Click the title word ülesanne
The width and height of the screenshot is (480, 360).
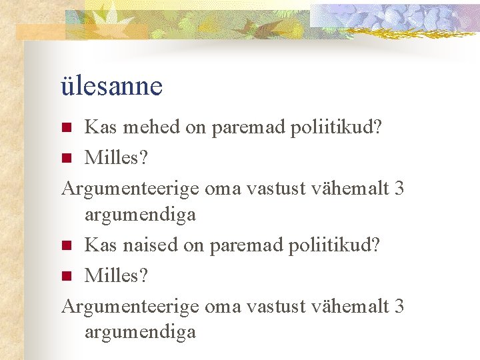pyautogui.click(x=111, y=86)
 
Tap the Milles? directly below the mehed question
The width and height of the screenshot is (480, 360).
pyautogui.click(x=117, y=158)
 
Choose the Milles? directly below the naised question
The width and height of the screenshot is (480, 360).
pyautogui.click(x=117, y=275)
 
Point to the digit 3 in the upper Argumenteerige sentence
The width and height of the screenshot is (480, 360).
pyautogui.click(x=399, y=188)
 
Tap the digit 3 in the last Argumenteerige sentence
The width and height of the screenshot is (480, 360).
pyautogui.click(x=399, y=305)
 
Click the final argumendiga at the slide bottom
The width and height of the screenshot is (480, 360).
pyautogui.click(x=140, y=332)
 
